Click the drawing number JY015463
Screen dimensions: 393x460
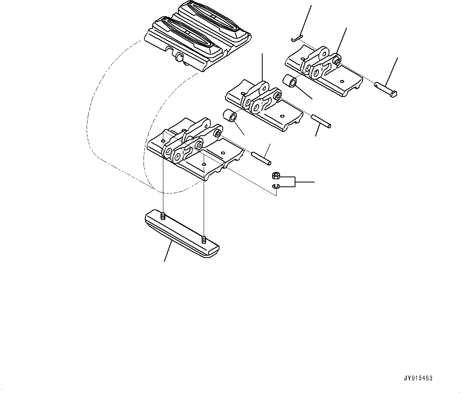[418, 378]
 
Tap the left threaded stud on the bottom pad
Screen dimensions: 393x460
[163, 216]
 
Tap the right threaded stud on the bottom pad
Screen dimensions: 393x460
[203, 239]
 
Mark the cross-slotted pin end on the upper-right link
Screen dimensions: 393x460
[337, 61]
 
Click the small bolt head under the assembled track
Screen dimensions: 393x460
[179, 59]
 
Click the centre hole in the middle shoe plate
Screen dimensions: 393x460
[282, 116]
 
